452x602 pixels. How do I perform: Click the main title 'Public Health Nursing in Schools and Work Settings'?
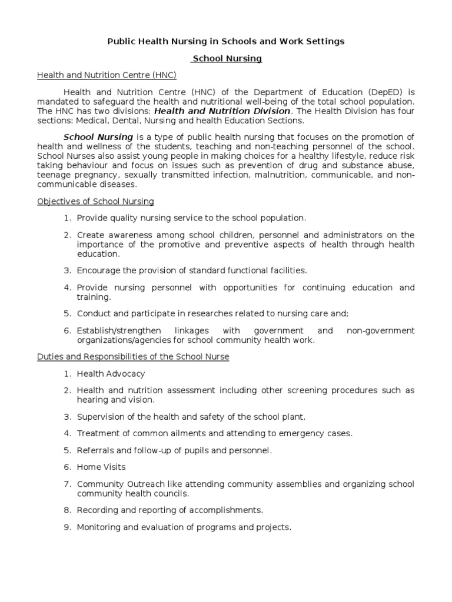pyautogui.click(x=225, y=41)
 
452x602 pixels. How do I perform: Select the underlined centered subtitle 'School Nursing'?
pyautogui.click(x=227, y=59)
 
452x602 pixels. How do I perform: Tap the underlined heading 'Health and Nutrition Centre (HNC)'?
pyautogui.click(x=107, y=75)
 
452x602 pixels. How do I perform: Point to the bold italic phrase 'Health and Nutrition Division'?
pyautogui.click(x=222, y=111)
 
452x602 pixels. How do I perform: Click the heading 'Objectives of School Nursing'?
pyautogui.click(x=95, y=201)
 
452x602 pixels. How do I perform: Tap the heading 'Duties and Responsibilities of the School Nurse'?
pyautogui.click(x=133, y=357)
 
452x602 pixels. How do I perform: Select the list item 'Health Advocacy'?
pyautogui.click(x=111, y=374)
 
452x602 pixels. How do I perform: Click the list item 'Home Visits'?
pyautogui.click(x=101, y=467)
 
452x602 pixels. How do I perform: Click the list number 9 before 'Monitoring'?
pyautogui.click(x=67, y=527)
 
